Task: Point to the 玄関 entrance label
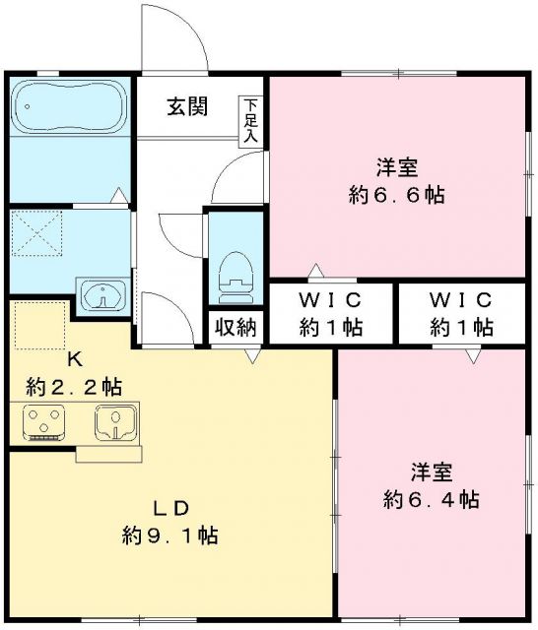tap(186, 107)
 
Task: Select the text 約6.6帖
tap(397, 194)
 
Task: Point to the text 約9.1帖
tap(169, 536)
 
